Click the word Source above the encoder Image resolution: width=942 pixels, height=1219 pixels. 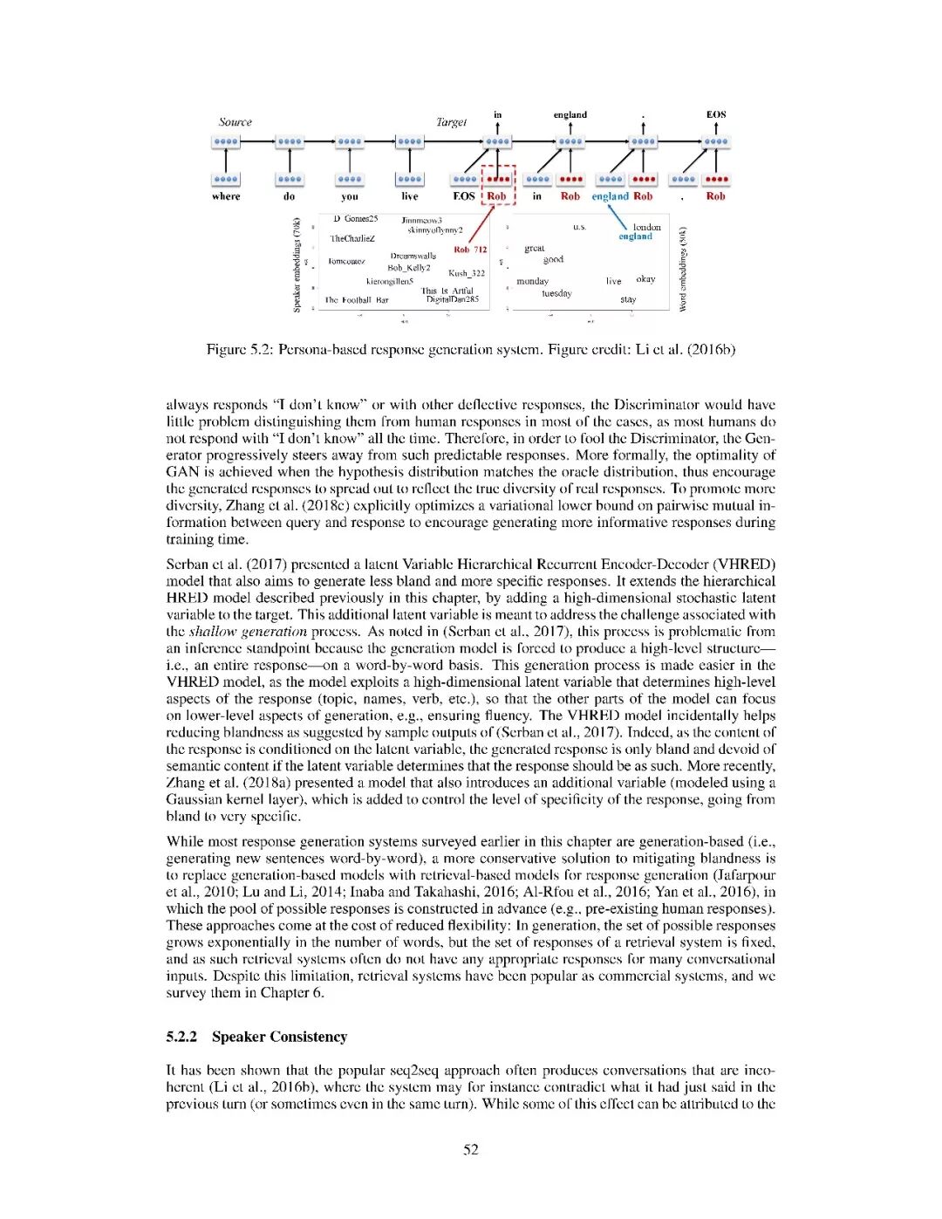click(235, 122)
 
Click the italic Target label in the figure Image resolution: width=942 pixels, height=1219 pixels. click(451, 122)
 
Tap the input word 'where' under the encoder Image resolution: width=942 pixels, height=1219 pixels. click(226, 196)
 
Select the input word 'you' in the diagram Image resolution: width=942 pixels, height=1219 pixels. click(349, 196)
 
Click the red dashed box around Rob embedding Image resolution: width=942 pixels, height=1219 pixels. click(499, 184)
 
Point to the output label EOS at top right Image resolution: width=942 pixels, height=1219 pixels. click(715, 114)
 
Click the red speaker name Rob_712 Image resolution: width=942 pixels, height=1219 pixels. click(470, 250)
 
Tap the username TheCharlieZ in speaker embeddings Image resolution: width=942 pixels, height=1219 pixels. click(352, 238)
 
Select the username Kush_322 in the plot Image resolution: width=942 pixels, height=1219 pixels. click(466, 273)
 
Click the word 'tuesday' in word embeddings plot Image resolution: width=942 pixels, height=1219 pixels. click(556, 293)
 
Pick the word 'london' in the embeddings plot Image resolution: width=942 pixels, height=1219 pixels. click(646, 227)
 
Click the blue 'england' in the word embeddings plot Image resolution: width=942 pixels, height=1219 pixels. click(635, 236)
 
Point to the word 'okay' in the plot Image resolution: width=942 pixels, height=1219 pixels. click(645, 279)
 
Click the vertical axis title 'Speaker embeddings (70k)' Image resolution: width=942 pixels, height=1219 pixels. click(297, 264)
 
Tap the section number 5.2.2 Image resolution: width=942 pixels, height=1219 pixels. click(181, 1037)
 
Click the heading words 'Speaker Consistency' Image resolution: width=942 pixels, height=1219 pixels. click(279, 1037)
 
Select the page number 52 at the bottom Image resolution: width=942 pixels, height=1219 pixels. click(470, 1149)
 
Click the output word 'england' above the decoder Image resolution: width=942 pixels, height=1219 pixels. click(570, 114)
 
